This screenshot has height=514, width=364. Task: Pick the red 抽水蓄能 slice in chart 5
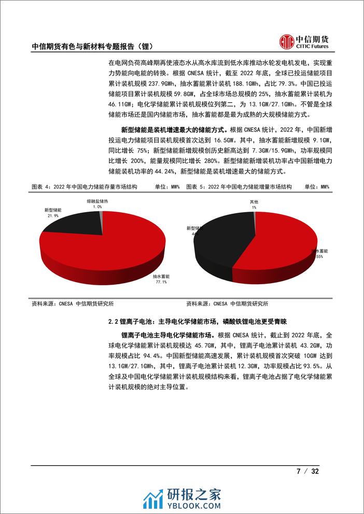click(x=280, y=244)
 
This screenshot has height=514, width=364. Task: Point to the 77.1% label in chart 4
click(x=159, y=282)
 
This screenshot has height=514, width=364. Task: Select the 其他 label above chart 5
click(x=254, y=202)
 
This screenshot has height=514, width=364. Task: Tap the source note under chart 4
click(x=72, y=304)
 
